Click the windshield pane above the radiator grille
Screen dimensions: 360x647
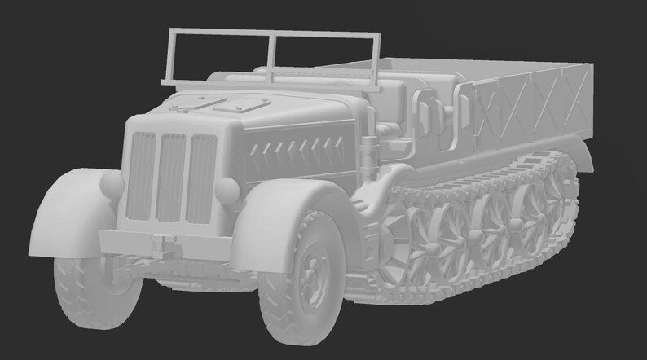tap(219, 57)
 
